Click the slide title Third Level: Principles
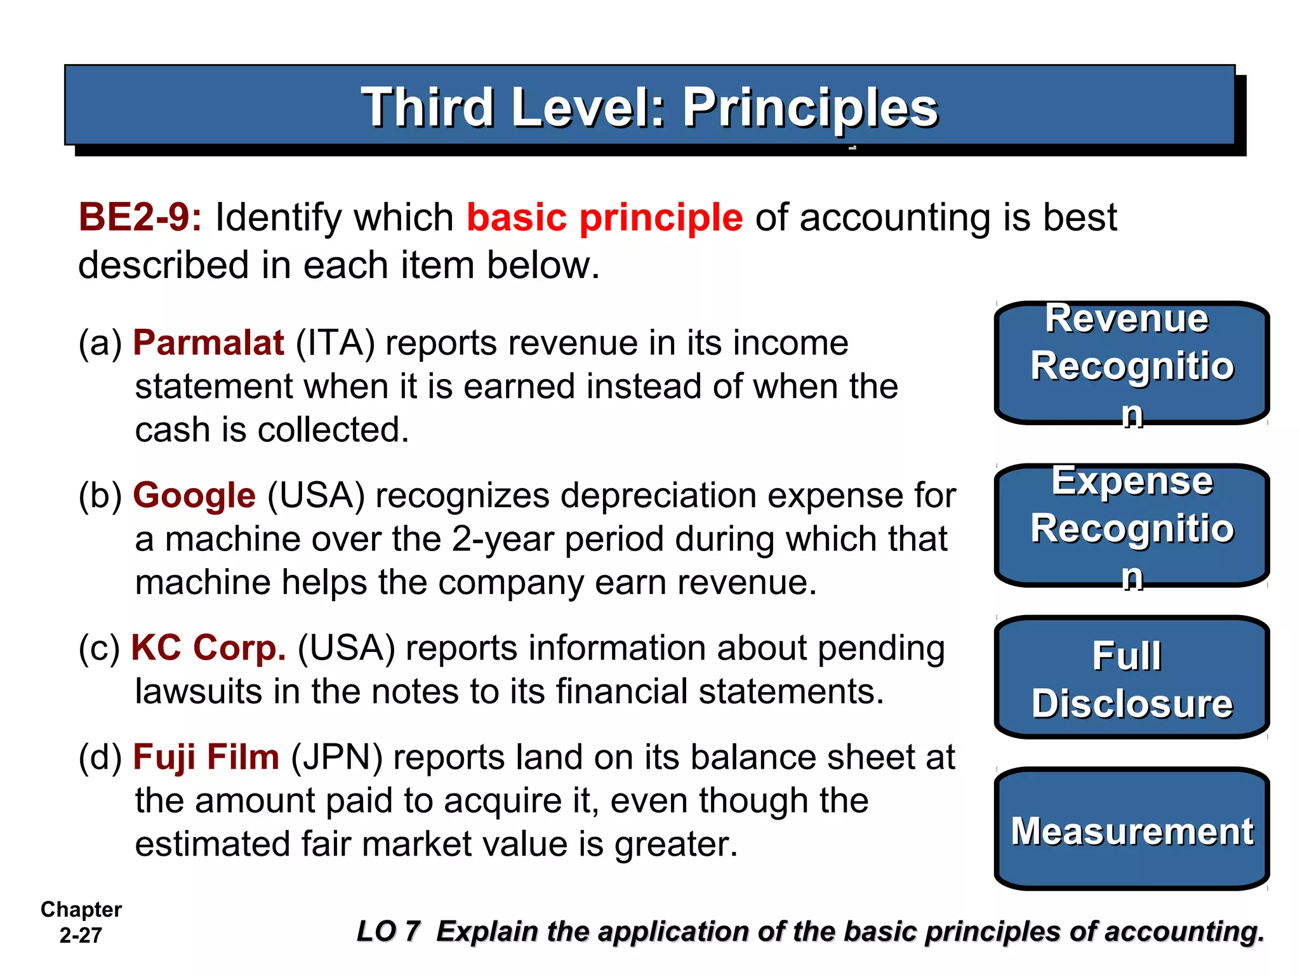coord(649,107)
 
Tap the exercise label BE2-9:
coord(140,218)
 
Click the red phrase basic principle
coord(604,218)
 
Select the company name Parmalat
coord(208,343)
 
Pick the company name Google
coord(194,496)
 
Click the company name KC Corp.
coord(208,648)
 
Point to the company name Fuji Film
coord(206,757)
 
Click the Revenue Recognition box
coord(1131,363)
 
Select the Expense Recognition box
coord(1131,526)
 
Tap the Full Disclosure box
coord(1131,678)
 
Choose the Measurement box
coord(1131,830)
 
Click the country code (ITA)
coord(335,343)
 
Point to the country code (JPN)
coord(336,757)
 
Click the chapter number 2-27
coord(81,936)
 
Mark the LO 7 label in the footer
coord(388,932)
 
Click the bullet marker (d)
coord(100,757)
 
